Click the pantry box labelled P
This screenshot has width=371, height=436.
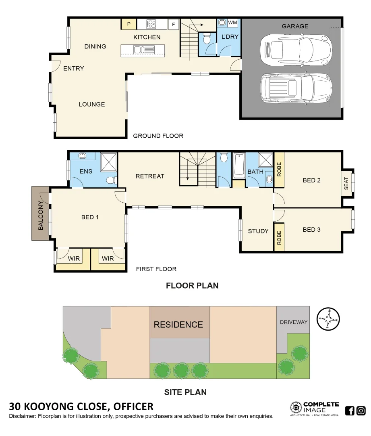coord(129,24)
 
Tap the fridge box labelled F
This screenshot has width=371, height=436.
coord(174,24)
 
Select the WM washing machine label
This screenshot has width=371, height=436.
coord(233,23)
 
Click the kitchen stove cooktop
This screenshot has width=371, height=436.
coord(151,24)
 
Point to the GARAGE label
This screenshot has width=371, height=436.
coord(295,26)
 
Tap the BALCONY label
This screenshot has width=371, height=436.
coord(41,213)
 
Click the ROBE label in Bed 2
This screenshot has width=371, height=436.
coord(279,170)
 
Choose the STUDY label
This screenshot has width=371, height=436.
coord(258,231)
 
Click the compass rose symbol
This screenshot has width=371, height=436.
coord(329,319)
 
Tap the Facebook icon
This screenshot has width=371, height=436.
coord(350,411)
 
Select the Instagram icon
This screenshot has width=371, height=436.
coord(361,411)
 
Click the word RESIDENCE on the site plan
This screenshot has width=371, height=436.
coord(178,325)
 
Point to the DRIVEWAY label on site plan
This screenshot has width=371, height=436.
coord(294,322)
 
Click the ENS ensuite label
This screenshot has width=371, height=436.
coord(86,171)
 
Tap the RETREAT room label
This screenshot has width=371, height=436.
coord(150,176)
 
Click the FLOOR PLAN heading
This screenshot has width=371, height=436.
coord(192,286)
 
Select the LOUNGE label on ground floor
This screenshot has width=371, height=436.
coord(92,104)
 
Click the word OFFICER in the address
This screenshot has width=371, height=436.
coord(133,406)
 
